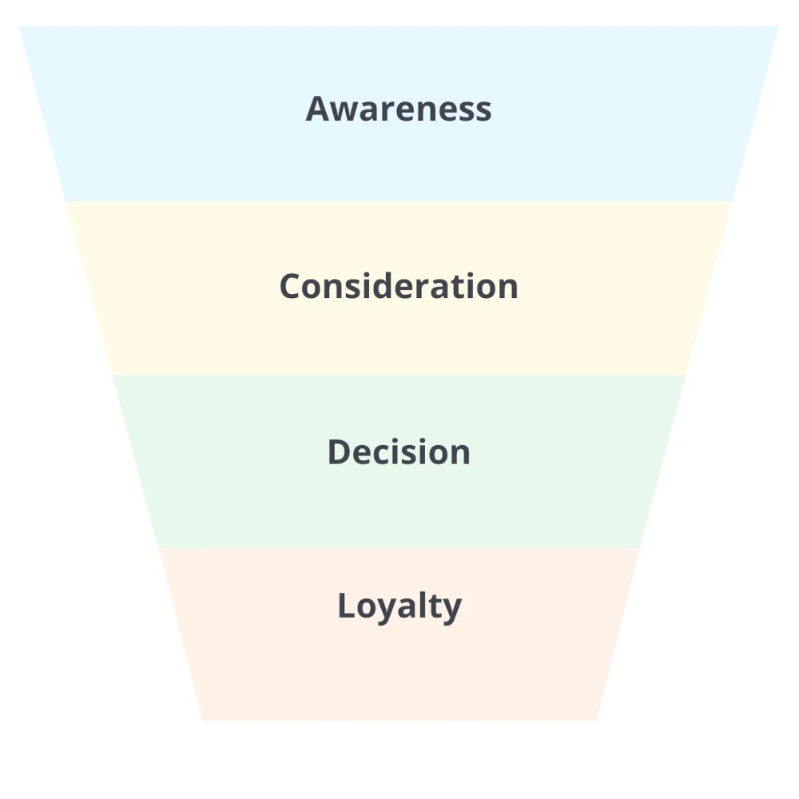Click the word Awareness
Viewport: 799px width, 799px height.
(398, 109)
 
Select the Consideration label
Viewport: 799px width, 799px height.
(399, 286)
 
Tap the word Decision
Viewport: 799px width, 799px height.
(399, 452)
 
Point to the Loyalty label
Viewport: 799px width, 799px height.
(399, 606)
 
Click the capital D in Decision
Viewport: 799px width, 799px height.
(339, 452)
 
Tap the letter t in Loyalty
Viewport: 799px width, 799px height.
(435, 606)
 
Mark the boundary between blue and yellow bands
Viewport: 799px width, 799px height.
(399, 201)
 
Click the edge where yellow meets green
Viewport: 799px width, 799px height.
(399, 375)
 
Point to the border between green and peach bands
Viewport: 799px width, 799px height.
(399, 548)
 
